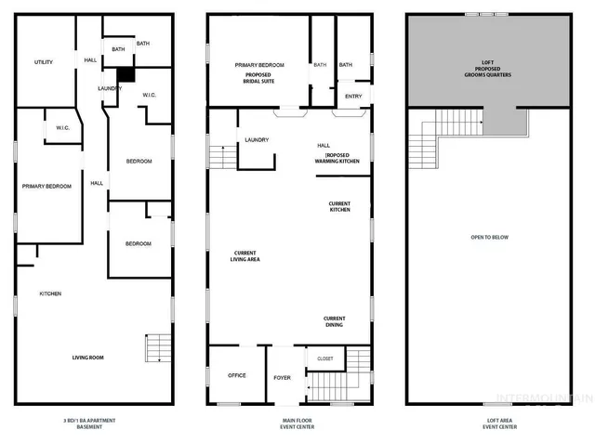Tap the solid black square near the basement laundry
126,76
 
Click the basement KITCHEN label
50,294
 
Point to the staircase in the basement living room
156,348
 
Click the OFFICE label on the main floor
237,375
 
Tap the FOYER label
283,377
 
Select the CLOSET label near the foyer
325,358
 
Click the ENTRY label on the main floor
353,96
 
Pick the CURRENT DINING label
334,322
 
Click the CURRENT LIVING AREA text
246,256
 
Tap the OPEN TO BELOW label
490,238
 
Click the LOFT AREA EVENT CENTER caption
489,424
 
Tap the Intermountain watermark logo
543,400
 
